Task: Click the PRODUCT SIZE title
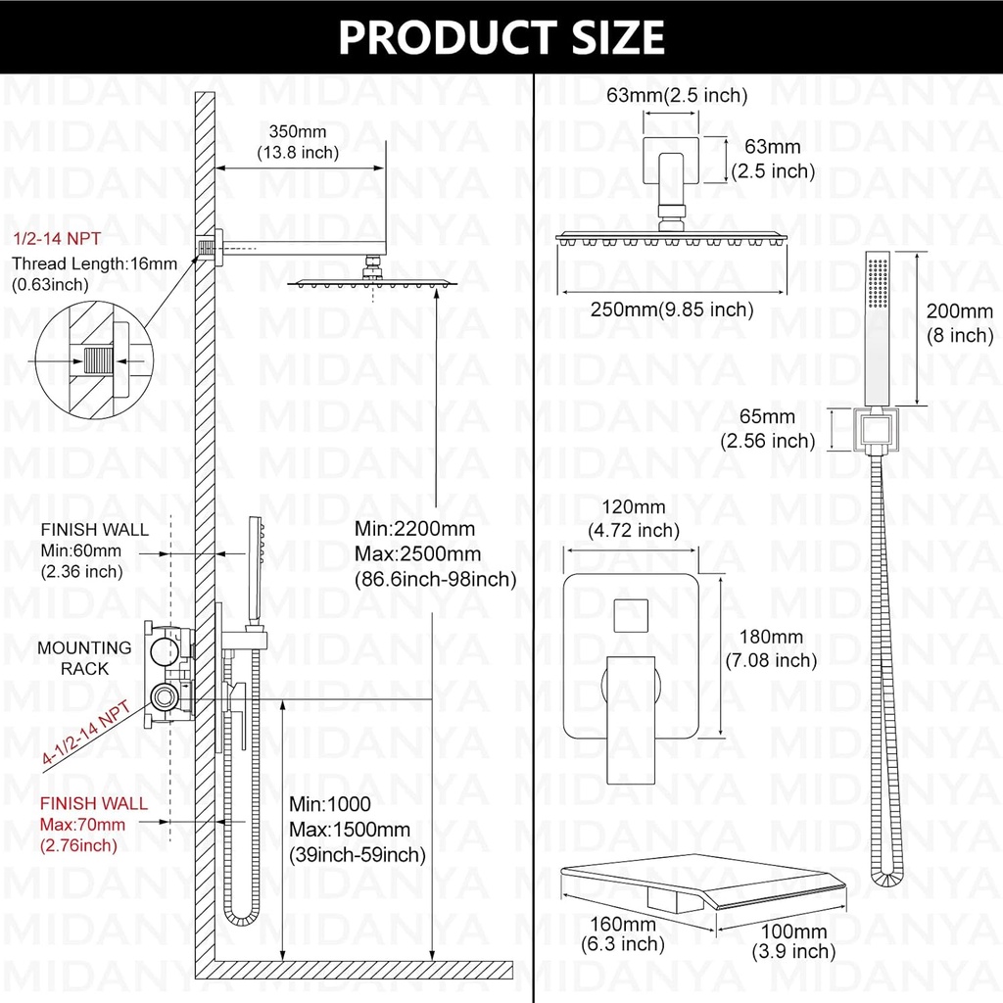pos(501,36)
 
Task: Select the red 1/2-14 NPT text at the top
pos(56,239)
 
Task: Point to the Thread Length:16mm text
pos(94,263)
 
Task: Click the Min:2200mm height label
pos(414,529)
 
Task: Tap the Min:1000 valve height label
pos(330,805)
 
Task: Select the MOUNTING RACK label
pos(84,657)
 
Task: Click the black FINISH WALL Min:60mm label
pos(94,549)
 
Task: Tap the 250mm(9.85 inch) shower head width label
pos(671,310)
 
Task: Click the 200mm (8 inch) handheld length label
pos(959,323)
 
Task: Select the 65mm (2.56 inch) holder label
pos(767,430)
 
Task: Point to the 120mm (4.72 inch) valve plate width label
pos(635,518)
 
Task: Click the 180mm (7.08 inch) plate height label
pos(770,648)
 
